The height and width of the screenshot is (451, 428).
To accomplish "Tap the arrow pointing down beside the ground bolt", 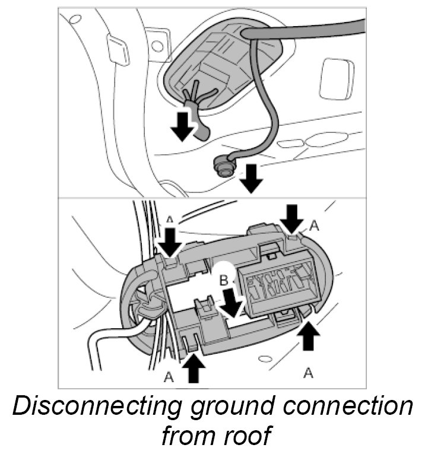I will (252, 179).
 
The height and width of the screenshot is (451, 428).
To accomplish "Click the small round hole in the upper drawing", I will (157, 43).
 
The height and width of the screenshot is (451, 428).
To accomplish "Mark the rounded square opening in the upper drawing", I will (336, 79).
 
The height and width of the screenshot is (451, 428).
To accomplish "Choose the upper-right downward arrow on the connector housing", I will (291, 218).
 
